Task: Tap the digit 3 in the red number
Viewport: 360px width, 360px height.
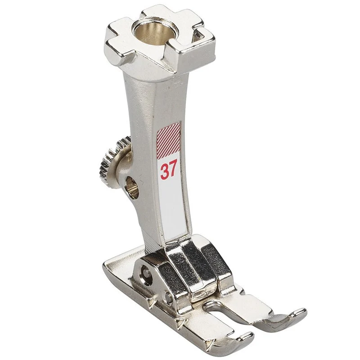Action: click(165, 171)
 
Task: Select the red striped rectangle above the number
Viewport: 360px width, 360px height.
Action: click(168, 140)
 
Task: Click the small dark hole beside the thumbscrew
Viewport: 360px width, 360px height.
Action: click(132, 187)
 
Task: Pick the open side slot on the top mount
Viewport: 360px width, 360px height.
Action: click(198, 37)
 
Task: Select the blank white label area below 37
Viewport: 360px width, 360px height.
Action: click(173, 207)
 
